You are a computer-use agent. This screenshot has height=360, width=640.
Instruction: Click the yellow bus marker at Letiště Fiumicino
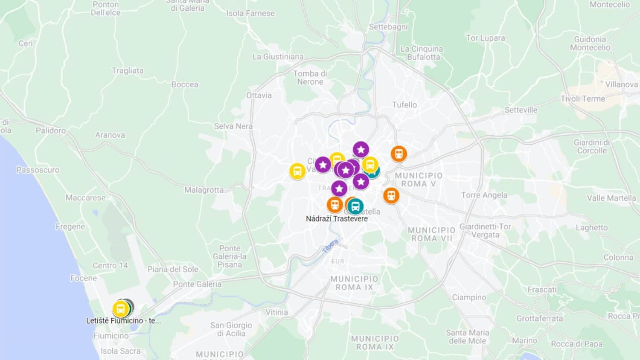pyautogui.click(x=121, y=309)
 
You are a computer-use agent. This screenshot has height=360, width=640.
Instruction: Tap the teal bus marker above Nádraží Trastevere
pyautogui.click(x=355, y=206)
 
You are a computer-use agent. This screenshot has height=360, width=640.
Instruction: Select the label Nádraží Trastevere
pyautogui.click(x=337, y=219)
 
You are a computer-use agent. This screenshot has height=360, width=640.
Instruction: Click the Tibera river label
pyautogui.click(x=330, y=246)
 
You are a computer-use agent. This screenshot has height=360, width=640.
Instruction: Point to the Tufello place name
pyautogui.click(x=404, y=105)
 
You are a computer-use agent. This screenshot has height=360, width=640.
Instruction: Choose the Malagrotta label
pyautogui.click(x=204, y=190)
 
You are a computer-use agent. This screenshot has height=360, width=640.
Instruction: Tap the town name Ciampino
pyautogui.click(x=469, y=297)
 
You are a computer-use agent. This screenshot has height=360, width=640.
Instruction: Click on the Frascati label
pyautogui.click(x=542, y=290)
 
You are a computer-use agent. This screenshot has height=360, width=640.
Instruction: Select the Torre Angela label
pyautogui.click(x=484, y=195)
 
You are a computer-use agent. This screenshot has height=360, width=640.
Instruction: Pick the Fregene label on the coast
pyautogui.click(x=70, y=226)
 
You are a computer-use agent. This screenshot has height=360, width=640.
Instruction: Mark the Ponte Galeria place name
pyautogui.click(x=197, y=284)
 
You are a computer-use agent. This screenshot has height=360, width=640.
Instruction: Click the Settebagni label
pyautogui.click(x=388, y=27)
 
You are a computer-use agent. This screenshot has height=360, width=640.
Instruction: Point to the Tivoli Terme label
pyautogui.click(x=583, y=99)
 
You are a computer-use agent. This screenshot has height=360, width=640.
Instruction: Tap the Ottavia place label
pyautogui.click(x=259, y=95)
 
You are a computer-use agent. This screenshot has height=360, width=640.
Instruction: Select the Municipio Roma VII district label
pyautogui.click(x=431, y=234)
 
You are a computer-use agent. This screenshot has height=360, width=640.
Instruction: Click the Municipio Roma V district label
pyautogui.click(x=419, y=180)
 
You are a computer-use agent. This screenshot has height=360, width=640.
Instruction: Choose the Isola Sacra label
pyautogui.click(x=120, y=351)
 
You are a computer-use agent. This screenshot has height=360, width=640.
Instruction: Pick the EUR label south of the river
pyautogui.click(x=337, y=261)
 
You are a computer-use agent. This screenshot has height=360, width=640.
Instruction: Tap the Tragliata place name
pyautogui.click(x=128, y=71)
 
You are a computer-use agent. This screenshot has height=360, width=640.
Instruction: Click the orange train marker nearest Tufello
pyautogui.click(x=399, y=154)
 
